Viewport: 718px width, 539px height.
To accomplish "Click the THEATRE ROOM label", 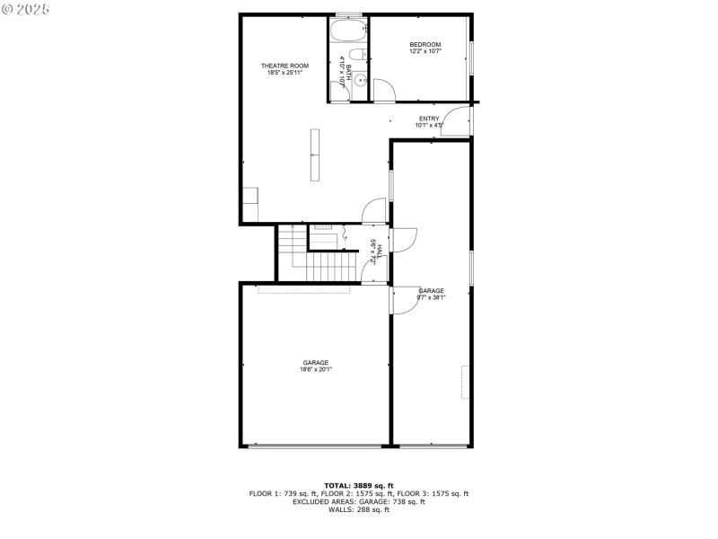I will click(285, 66).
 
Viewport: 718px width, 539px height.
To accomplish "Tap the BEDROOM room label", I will click(425, 45).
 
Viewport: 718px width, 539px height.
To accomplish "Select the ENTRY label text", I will click(429, 119).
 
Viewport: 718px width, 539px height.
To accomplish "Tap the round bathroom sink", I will click(360, 81).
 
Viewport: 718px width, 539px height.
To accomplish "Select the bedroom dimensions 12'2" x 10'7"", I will click(425, 52).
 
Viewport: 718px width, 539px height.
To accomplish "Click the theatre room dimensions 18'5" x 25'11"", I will click(285, 73).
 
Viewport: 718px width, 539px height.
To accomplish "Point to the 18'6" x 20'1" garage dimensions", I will click(315, 369).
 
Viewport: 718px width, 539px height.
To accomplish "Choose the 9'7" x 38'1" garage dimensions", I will click(431, 297).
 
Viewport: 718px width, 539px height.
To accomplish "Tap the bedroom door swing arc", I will click(384, 90).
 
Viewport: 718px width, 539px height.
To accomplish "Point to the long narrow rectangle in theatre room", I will click(315, 155).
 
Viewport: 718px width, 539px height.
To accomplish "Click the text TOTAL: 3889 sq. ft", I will click(359, 486).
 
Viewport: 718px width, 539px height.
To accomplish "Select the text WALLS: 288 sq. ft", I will click(359, 510).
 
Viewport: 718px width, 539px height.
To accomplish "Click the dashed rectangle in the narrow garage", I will click(465, 382).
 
